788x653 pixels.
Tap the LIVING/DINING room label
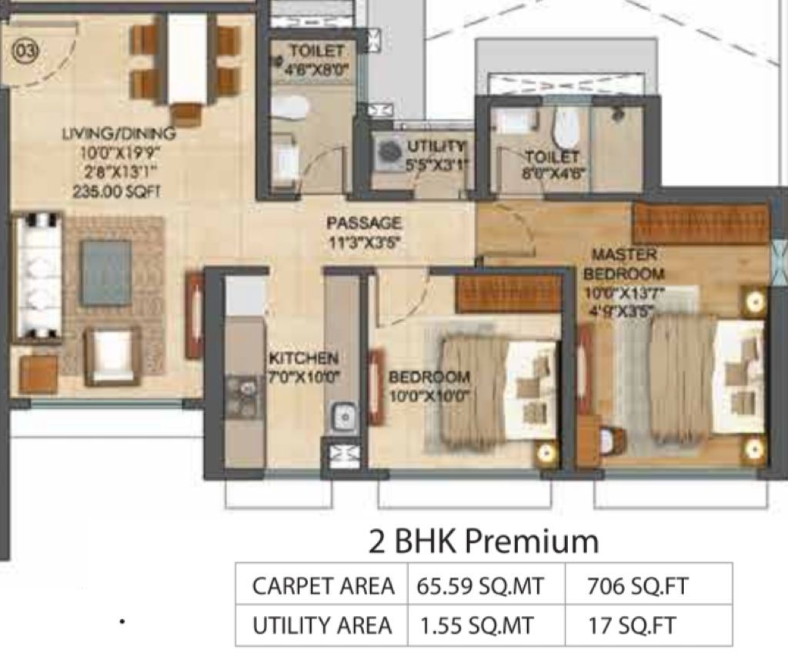tap(119, 134)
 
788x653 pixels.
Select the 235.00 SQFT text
tap(117, 191)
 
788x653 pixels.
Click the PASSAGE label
tap(364, 223)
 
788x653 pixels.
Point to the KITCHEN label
tap(303, 358)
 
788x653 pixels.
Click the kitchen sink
tap(344, 417)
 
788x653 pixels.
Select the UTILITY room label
tap(436, 147)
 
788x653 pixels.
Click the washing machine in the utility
tap(388, 151)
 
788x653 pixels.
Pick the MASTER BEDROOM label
tap(623, 264)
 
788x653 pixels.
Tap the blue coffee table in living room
tap(105, 272)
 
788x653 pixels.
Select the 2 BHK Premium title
tap(483, 541)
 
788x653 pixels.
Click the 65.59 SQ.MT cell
tap(480, 586)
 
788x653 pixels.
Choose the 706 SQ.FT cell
tap(637, 586)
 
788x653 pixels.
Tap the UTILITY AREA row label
tap(322, 626)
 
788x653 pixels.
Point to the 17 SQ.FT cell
tap(633, 626)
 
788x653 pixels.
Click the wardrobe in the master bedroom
tap(700, 223)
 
